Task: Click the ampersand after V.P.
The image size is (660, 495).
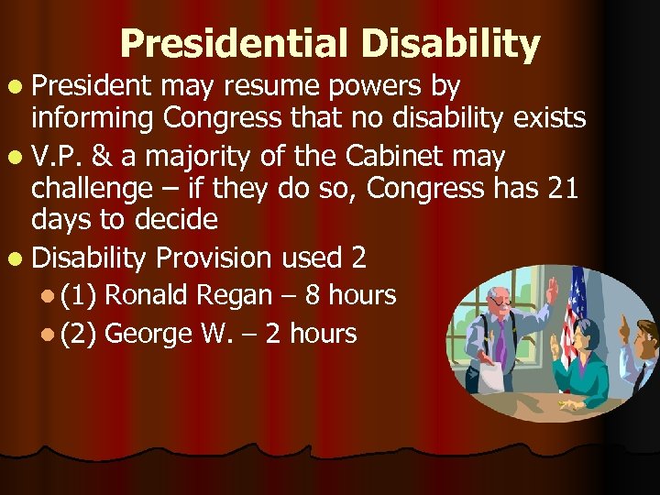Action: (x=101, y=157)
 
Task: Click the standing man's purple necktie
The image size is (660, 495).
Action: (x=500, y=339)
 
